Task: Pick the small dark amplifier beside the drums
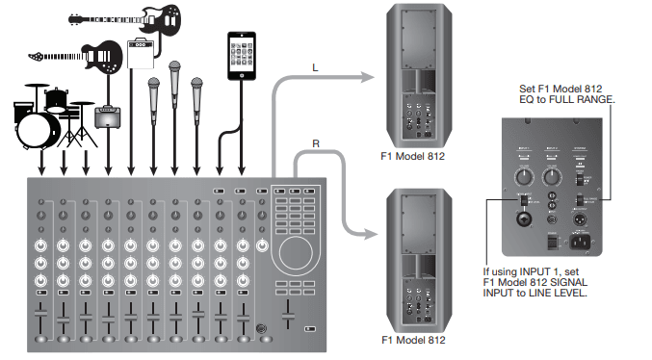click(x=106, y=118)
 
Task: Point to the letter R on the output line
click(x=316, y=144)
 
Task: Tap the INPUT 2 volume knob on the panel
click(x=558, y=178)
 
